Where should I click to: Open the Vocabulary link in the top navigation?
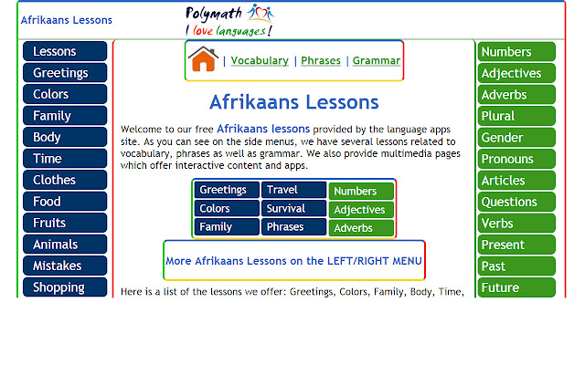(260, 61)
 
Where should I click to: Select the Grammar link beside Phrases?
(377, 61)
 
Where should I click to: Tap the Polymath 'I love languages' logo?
(229, 19)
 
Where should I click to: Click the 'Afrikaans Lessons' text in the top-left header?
(67, 20)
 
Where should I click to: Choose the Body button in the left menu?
(65, 137)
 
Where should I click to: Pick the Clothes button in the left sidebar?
(65, 180)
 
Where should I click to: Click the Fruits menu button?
(65, 223)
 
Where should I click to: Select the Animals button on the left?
(65, 245)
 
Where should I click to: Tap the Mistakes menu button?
(65, 266)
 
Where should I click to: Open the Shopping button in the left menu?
(65, 287)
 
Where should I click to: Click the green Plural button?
(516, 116)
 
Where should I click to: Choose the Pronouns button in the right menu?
(516, 159)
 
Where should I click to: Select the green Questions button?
(516, 202)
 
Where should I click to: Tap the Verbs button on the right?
(516, 224)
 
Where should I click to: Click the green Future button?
(516, 287)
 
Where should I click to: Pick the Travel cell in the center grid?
(293, 190)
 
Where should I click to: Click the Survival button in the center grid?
(293, 208)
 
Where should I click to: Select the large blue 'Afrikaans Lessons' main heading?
(293, 101)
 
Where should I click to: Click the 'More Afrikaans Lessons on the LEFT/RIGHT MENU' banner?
(293, 261)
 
